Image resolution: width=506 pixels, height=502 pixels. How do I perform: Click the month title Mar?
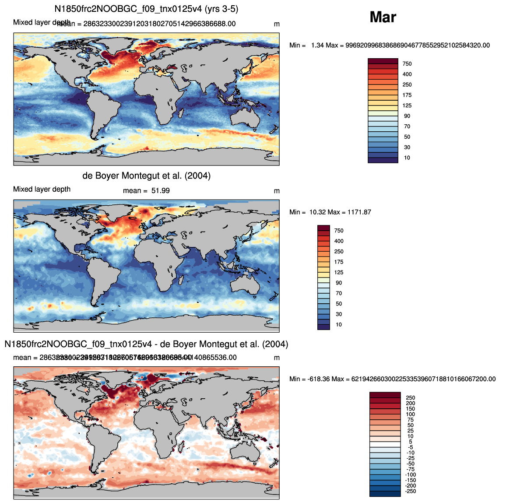[383, 17]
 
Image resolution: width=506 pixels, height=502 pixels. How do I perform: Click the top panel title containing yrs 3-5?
[146, 9]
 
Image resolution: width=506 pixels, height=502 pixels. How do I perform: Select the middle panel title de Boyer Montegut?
[146, 176]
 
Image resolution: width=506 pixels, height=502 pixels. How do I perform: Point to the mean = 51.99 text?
[146, 191]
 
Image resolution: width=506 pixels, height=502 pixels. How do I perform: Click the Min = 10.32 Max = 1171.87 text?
[330, 212]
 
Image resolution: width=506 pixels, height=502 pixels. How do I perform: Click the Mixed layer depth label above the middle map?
[42, 190]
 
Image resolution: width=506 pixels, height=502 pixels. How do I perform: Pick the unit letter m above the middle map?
[277, 191]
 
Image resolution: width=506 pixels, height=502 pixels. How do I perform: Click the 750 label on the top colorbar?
[407, 64]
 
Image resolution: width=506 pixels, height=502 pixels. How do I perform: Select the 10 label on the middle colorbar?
[339, 325]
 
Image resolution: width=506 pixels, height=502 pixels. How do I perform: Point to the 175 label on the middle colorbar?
[339, 262]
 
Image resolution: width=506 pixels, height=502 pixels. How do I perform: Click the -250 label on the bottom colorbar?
[410, 491]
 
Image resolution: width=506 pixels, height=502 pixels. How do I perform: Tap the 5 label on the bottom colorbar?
[410, 442]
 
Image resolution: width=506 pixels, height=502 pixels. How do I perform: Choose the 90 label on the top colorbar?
[407, 116]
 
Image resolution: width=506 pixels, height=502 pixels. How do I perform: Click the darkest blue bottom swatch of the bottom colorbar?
[385, 494]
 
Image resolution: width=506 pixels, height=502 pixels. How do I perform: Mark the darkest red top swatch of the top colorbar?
[383, 61]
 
